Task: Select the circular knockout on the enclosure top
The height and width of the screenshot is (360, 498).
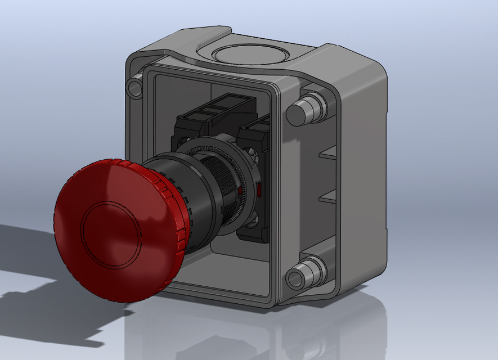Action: point(250,55)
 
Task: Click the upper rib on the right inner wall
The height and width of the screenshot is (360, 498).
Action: point(327,152)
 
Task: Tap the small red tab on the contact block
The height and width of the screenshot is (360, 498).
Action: point(259,190)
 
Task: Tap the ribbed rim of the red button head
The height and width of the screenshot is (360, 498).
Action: point(179,225)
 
